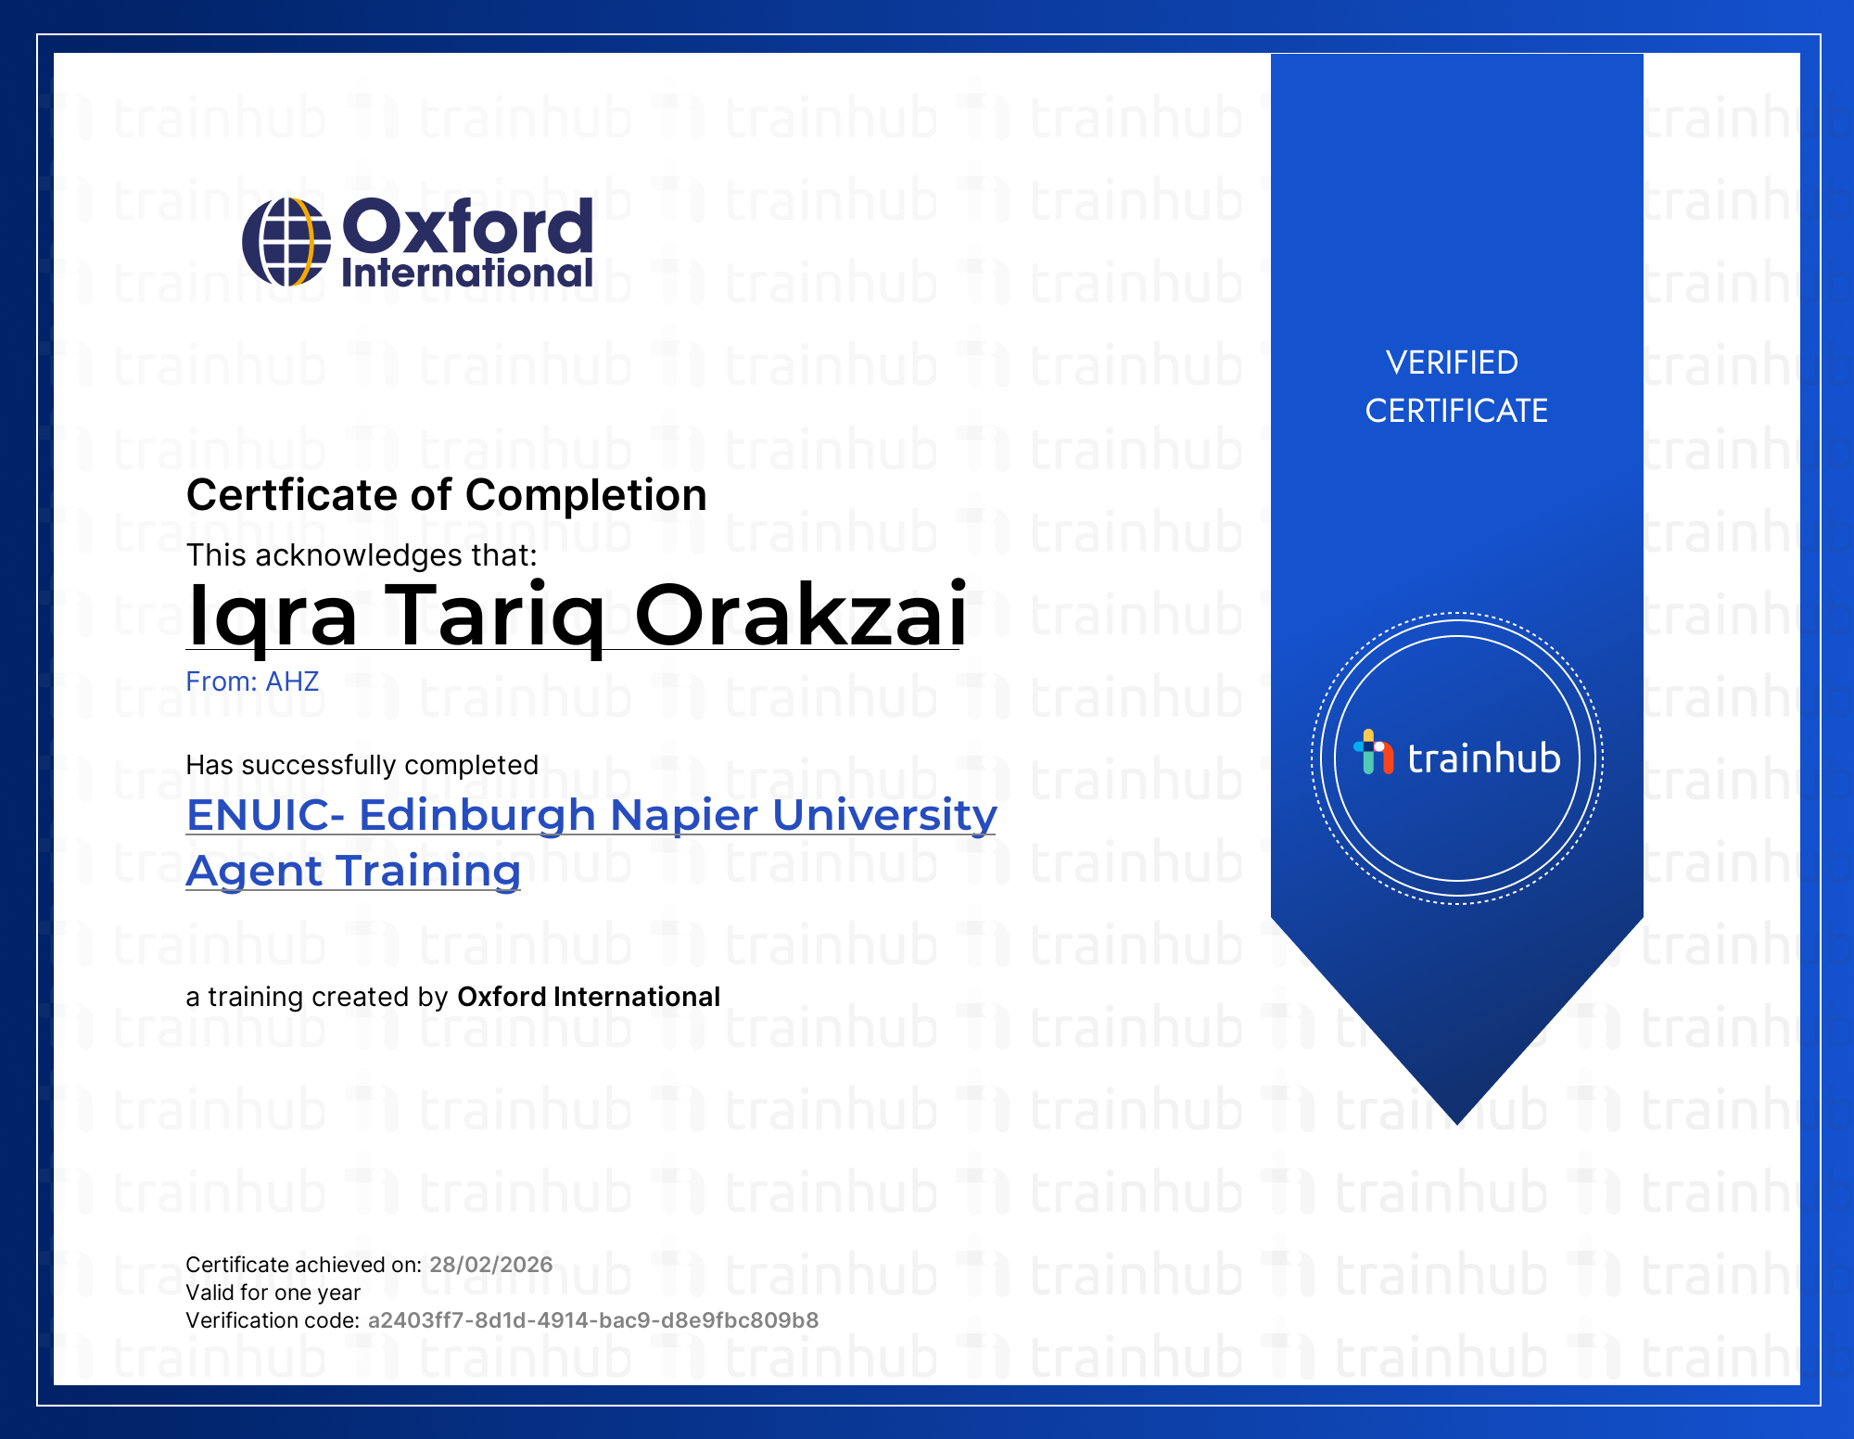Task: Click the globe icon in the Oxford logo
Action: click(x=286, y=242)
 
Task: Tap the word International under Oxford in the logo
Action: click(x=467, y=273)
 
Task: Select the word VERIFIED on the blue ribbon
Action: click(x=1452, y=363)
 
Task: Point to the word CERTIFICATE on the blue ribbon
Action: click(x=1456, y=411)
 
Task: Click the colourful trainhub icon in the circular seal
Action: click(x=1373, y=752)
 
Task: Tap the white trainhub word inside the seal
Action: click(x=1484, y=758)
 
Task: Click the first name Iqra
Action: click(x=272, y=617)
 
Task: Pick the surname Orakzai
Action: click(x=801, y=615)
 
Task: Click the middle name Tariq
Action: click(x=496, y=617)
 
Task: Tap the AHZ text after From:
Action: click(x=292, y=681)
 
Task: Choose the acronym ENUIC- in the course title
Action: click(x=266, y=815)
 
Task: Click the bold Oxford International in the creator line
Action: click(x=589, y=997)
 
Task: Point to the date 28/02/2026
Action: click(x=491, y=1265)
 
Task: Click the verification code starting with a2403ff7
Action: click(x=593, y=1320)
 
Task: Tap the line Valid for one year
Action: click(x=273, y=1293)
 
